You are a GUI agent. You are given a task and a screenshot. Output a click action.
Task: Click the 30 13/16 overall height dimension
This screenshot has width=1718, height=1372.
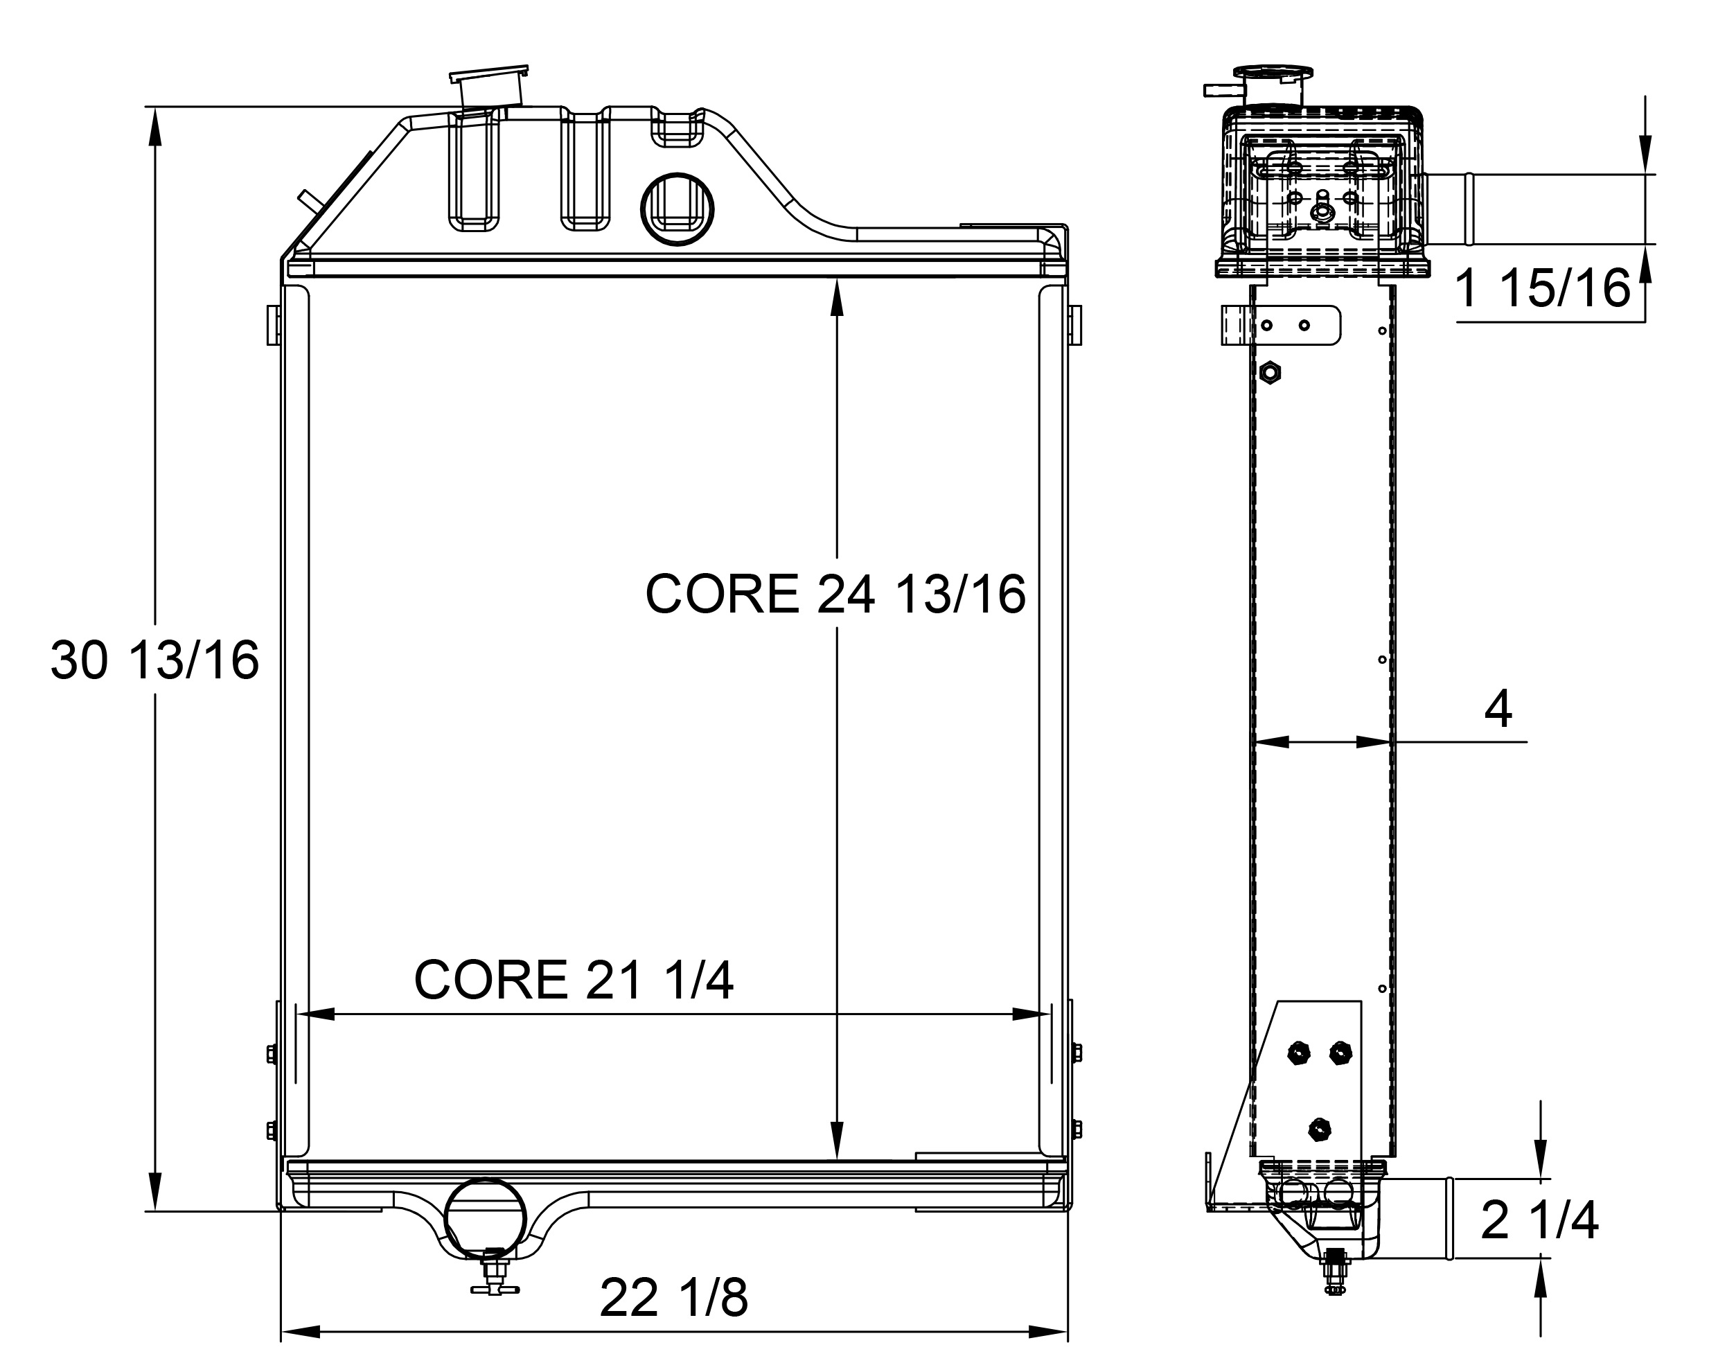(x=154, y=660)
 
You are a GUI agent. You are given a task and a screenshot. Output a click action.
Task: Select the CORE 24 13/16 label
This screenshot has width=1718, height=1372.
(x=835, y=594)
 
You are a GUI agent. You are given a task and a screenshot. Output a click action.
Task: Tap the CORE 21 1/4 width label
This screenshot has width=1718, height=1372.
(x=573, y=980)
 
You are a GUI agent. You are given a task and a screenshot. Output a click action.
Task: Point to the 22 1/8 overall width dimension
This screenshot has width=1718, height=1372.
(x=673, y=1298)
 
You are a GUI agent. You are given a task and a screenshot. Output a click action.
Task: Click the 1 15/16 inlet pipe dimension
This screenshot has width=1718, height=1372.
(x=1542, y=288)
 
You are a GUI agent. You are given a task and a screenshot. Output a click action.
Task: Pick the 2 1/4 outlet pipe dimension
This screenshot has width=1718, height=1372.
(x=1539, y=1219)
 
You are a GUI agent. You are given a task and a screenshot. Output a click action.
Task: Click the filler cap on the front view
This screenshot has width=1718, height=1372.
(x=489, y=85)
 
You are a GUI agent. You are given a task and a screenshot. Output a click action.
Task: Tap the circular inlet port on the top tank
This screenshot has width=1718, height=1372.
(x=677, y=209)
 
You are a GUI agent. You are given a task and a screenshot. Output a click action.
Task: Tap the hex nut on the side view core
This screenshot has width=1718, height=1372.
(x=1270, y=371)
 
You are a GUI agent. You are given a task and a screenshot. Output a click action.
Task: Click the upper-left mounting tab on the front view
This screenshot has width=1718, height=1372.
(x=274, y=324)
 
